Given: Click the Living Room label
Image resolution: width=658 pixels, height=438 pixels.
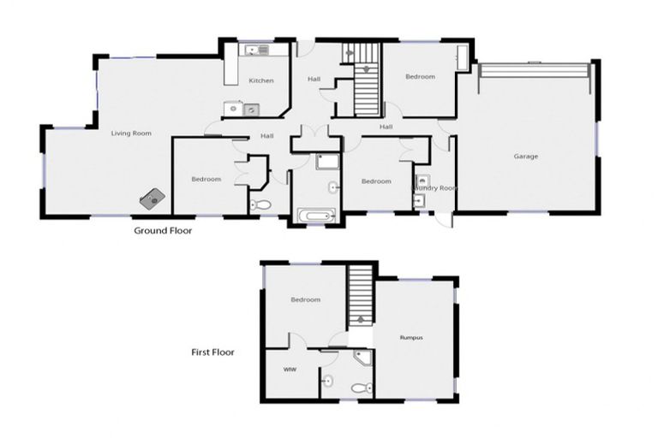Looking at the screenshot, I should click(x=131, y=133).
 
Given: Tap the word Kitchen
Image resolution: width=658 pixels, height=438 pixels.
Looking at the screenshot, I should click(x=261, y=80).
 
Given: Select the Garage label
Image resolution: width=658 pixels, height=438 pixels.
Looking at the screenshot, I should click(x=526, y=157).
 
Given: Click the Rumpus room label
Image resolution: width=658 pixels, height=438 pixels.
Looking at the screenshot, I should click(x=412, y=338).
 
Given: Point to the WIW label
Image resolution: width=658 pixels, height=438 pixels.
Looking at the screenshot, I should click(x=289, y=370).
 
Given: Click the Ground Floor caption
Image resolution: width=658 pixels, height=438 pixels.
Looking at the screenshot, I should click(x=163, y=231).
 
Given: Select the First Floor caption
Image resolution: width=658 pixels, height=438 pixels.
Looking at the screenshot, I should click(x=212, y=352).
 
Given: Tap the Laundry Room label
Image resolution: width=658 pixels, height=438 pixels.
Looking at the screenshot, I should click(x=434, y=187).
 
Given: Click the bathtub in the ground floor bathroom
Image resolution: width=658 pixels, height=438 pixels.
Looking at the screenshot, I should click(x=315, y=216).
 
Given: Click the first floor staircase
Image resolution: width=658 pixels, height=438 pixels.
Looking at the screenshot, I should click(x=361, y=291).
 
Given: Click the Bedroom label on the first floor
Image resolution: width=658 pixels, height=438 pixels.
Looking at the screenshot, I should click(x=305, y=299).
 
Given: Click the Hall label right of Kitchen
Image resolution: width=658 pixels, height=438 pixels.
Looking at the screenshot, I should click(x=314, y=80).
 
